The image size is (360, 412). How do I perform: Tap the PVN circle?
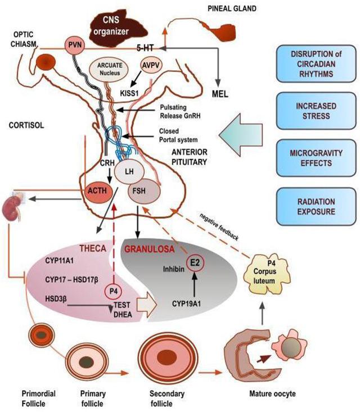click(75, 44)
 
